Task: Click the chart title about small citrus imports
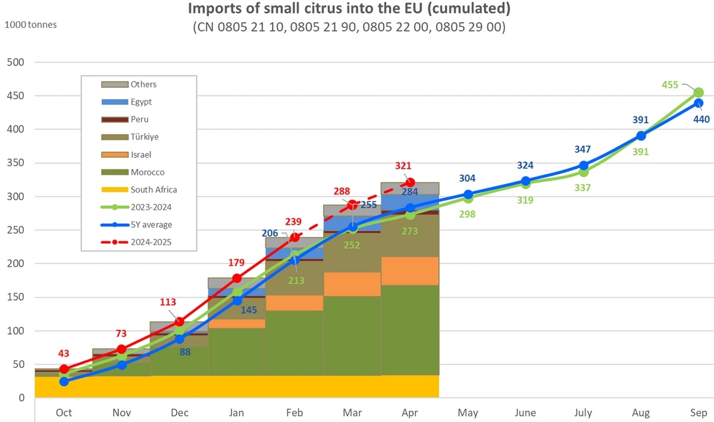pyautogui.click(x=349, y=9)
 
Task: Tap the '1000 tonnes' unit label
pyautogui.click(x=31, y=25)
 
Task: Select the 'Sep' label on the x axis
pyautogui.click(x=698, y=412)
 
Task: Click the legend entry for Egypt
pyautogui.click(x=141, y=102)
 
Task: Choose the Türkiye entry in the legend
pyautogui.click(x=145, y=137)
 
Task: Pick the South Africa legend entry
pyautogui.click(x=154, y=190)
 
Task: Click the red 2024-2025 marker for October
pyautogui.click(x=64, y=369)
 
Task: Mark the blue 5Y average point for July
pyautogui.click(x=584, y=165)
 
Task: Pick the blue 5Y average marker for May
pyautogui.click(x=468, y=194)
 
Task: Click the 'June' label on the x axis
pyautogui.click(x=525, y=412)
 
